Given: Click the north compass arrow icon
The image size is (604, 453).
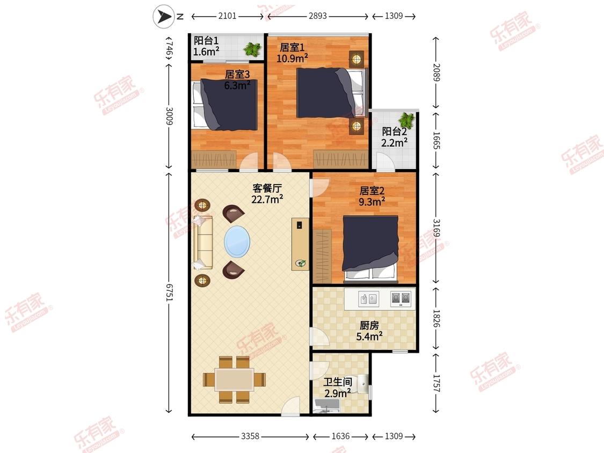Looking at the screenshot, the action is click(x=164, y=16).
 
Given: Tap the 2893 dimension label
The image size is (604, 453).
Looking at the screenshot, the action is click(x=318, y=16).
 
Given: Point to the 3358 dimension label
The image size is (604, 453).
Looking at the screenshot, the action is click(x=250, y=436).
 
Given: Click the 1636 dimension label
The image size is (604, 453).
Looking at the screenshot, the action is click(x=340, y=436).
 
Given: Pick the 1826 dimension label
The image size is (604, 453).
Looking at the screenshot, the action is click(x=436, y=319).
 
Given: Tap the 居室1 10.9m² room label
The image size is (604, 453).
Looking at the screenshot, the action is click(x=292, y=53).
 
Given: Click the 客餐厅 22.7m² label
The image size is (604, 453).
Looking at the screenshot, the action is click(x=267, y=193).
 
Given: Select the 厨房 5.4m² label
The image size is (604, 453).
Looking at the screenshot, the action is click(x=369, y=331).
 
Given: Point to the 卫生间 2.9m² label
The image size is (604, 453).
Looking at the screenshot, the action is click(x=338, y=388).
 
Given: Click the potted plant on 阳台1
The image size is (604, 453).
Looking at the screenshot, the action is click(x=253, y=49).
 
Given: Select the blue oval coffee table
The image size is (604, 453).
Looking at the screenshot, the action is click(x=237, y=242).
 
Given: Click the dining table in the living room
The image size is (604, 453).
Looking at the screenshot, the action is click(x=234, y=380).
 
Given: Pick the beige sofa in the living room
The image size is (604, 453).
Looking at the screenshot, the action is click(x=203, y=243).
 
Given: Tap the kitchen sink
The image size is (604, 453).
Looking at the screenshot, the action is click(x=368, y=299).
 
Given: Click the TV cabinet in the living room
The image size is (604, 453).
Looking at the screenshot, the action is click(x=300, y=244).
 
